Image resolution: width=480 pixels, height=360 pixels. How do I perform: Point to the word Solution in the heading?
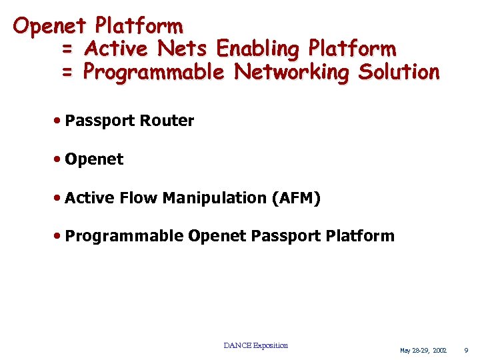[x=399, y=71]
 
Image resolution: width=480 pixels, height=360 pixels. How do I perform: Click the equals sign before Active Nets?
[x=67, y=49]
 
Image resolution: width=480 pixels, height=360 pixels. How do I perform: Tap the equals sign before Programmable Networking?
[x=67, y=72]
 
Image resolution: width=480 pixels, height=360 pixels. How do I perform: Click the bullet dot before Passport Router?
[x=59, y=121]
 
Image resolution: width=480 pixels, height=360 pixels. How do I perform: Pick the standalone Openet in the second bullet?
[x=94, y=159]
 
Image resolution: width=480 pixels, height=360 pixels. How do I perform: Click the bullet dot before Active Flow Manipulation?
[x=59, y=198]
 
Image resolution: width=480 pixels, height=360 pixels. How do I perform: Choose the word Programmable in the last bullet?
[x=125, y=236]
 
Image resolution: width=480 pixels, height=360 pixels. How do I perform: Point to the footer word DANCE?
[x=237, y=345]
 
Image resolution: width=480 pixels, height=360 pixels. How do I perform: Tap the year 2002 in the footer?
[x=439, y=350]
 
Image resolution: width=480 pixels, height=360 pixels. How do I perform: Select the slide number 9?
[x=466, y=350]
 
